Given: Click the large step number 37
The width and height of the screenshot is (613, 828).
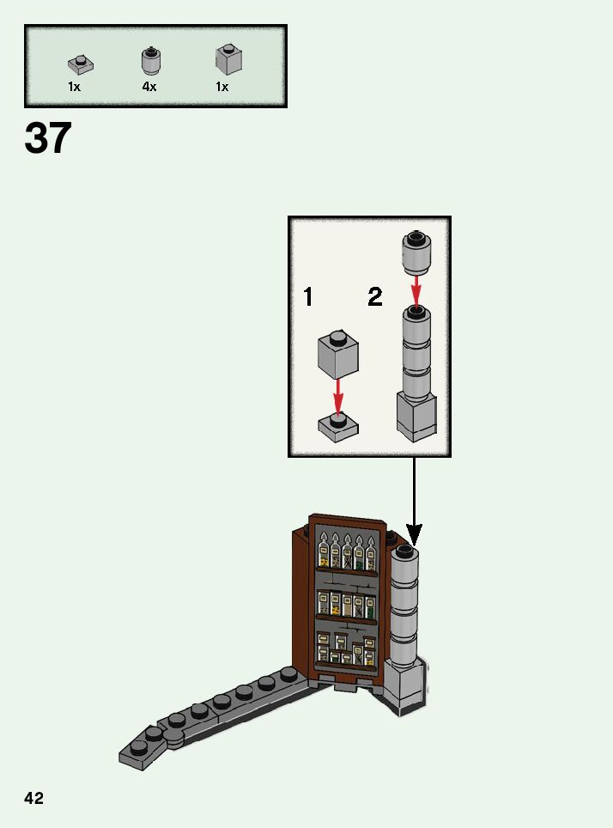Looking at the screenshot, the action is coord(48,138).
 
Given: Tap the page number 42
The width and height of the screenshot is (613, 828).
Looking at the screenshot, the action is coord(33,798).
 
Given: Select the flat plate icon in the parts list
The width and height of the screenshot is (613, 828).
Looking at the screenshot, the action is coord(81,64).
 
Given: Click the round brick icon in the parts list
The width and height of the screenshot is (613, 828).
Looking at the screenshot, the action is coord(150,62).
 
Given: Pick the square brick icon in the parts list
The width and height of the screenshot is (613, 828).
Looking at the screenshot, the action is coord(228,59).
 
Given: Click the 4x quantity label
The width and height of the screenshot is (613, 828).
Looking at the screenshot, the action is coord(149,87).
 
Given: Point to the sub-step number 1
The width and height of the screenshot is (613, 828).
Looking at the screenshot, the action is coord(307,297).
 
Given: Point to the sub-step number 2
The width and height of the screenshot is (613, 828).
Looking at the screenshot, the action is coord(375,297).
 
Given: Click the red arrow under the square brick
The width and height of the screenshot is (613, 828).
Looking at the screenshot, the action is coord(338,398).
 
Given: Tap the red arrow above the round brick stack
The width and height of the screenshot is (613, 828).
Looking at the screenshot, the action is coord(416,289).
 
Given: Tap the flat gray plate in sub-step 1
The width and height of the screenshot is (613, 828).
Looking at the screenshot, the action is coord(338,426).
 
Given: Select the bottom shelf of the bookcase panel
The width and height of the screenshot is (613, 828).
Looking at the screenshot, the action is coord(345,650).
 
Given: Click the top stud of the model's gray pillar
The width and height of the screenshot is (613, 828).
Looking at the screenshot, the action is coord(405,549).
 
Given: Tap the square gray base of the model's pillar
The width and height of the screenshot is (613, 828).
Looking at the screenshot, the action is coord(404,684).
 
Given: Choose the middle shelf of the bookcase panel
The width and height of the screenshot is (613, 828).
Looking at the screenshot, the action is coord(346,604).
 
